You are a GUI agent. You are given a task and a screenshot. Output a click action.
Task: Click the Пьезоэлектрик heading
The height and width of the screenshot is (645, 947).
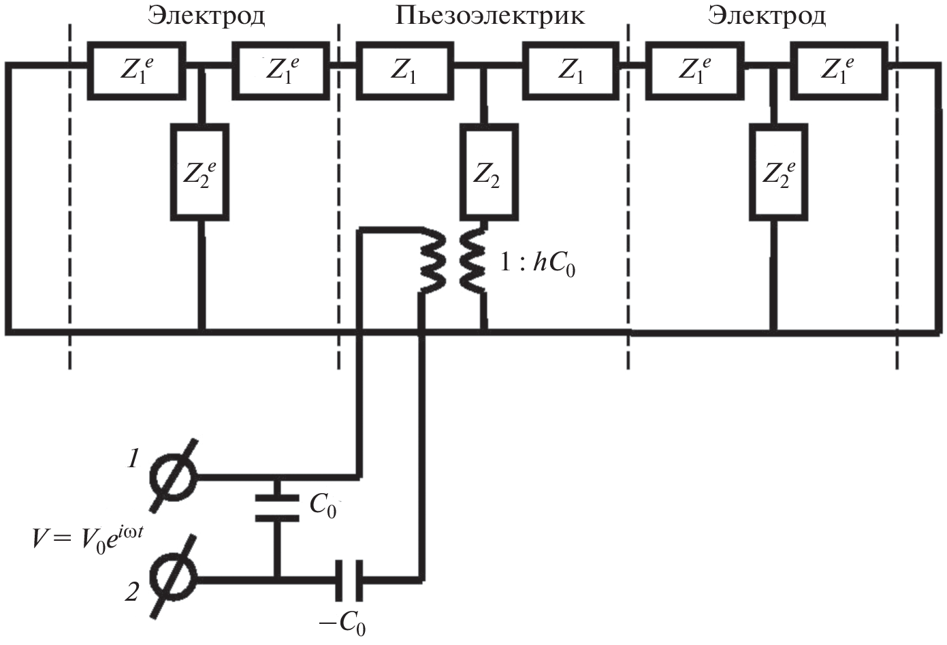coord(489,16)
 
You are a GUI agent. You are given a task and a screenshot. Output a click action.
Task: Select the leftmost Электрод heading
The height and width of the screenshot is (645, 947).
coord(206,16)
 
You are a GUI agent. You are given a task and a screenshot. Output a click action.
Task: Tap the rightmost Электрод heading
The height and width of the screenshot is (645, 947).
coord(767,16)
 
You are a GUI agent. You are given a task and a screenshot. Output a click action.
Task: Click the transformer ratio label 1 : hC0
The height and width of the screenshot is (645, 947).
coord(538,264)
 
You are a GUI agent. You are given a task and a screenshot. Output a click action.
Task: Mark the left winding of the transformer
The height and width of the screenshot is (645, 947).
coord(432,263)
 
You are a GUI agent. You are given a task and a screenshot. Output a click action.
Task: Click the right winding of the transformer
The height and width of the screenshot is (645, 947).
coord(472,263)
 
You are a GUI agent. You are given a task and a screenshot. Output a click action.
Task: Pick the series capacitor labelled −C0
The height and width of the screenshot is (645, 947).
coord(349,579)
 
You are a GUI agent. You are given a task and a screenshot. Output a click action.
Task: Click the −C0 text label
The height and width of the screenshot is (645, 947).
coord(345,624)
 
